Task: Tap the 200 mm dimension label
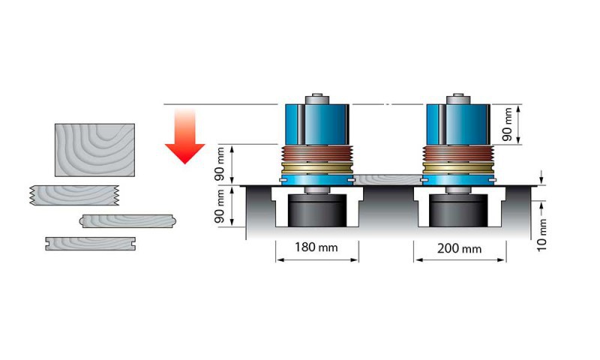(459, 248)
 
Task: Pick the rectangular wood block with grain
(94, 150)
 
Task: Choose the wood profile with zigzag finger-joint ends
(75, 195)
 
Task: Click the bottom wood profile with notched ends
(90, 243)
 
